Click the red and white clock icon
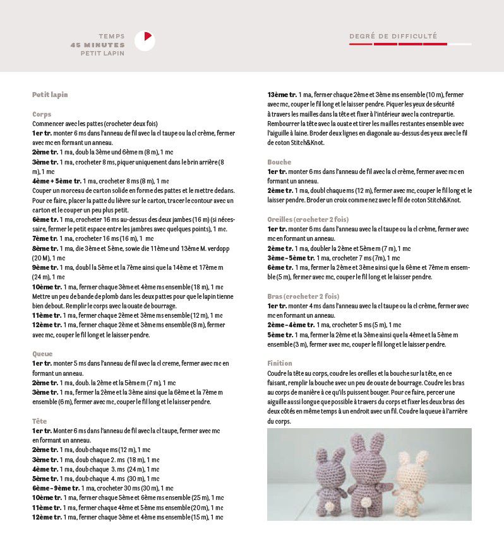[145, 41]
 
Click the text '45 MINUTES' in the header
[98, 45]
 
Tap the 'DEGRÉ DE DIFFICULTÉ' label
[393, 36]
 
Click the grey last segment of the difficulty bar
[460, 44]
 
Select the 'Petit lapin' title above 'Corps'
[50, 95]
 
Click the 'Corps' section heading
[42, 114]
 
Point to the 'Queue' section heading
[42, 354]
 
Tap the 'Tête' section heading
[39, 421]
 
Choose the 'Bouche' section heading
[279, 162]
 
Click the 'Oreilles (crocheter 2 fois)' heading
[308, 219]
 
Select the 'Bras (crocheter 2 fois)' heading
[303, 296]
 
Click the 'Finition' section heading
[280, 363]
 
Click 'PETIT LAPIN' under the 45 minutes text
[102, 54]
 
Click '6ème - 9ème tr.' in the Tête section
[56, 488]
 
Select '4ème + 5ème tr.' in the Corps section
[57, 181]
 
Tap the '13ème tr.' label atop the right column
[282, 95]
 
